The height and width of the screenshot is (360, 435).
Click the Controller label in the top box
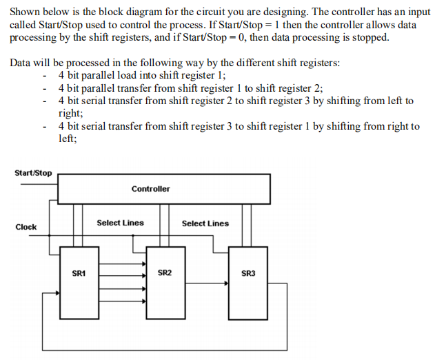[150, 188]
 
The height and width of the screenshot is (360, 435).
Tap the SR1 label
[79, 274]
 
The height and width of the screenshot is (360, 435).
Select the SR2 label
[165, 274]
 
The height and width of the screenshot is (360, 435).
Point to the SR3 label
[248, 274]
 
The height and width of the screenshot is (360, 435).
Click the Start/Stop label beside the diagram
[33, 172]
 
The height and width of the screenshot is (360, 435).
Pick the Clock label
[26, 227]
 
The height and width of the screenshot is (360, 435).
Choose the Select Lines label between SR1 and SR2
[120, 223]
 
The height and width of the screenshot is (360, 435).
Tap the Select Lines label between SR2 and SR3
[205, 223]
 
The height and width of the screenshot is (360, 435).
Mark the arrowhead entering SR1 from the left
[57, 293]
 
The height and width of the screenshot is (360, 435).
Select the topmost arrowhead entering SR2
[143, 263]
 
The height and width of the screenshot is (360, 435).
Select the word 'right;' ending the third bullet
[71, 113]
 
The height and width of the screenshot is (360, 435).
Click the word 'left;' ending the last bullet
[68, 138]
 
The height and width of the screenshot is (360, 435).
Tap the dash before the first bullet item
[45, 76]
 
